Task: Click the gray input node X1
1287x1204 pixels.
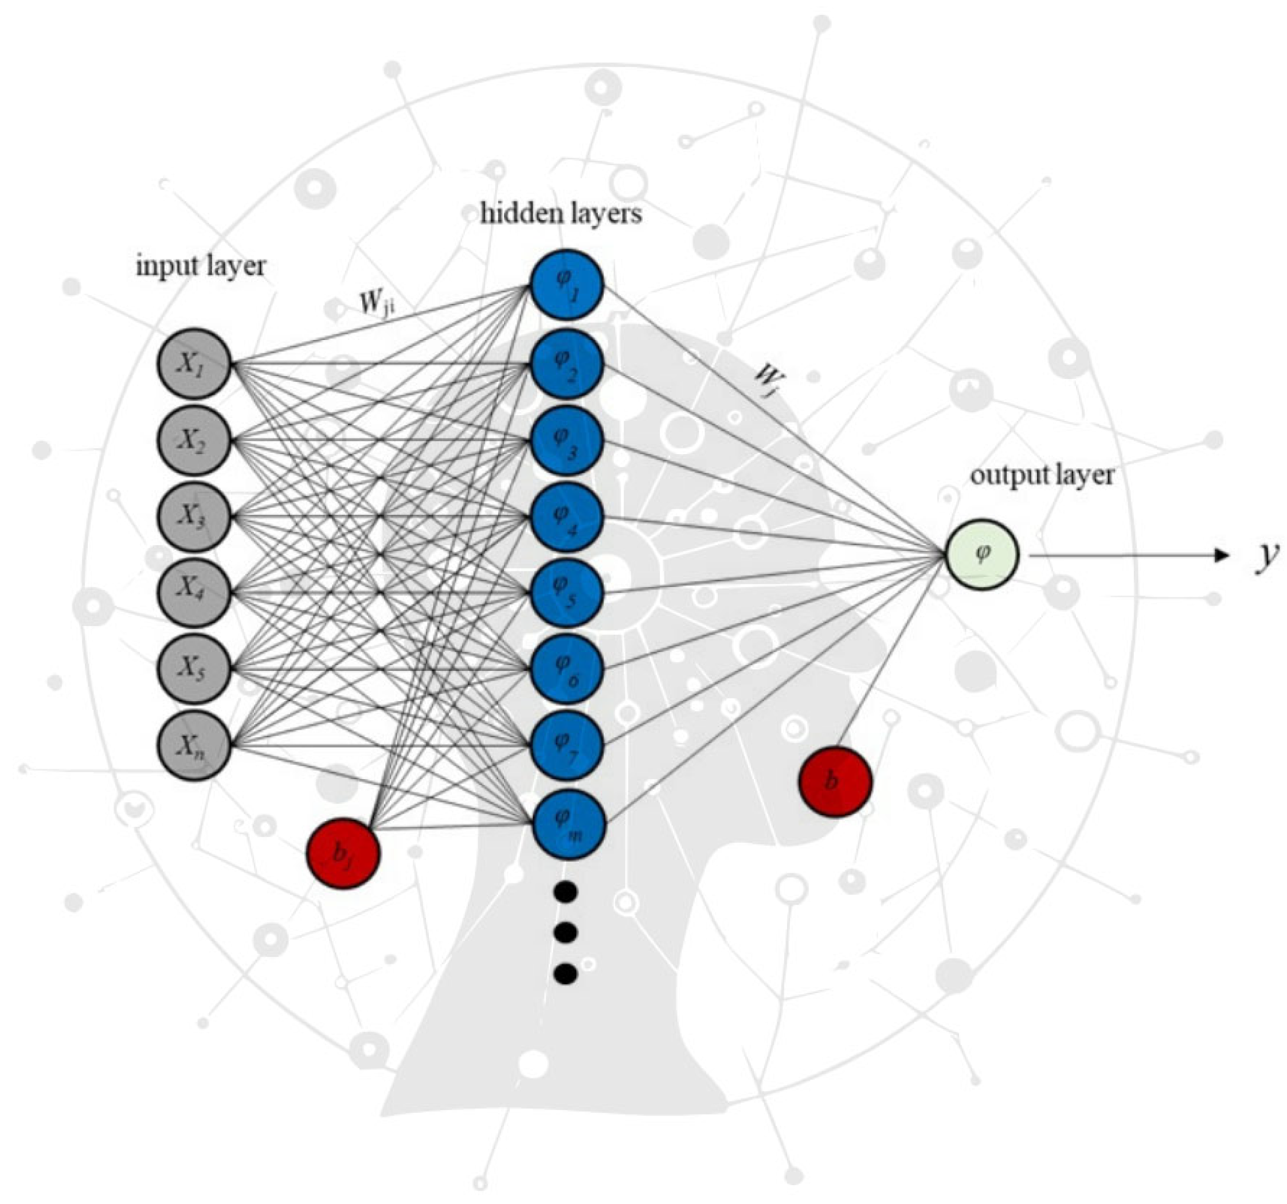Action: [194, 364]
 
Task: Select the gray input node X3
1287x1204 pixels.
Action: [194, 515]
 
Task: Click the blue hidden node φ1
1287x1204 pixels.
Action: [567, 285]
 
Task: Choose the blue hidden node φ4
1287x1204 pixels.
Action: [567, 517]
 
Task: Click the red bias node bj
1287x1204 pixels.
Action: [343, 853]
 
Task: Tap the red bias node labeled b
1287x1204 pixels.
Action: [835, 781]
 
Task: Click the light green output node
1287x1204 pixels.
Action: [982, 554]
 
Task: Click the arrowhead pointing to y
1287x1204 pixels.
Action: [1221, 555]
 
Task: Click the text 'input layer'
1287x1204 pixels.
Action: [201, 266]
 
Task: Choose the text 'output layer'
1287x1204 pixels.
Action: [1042, 476]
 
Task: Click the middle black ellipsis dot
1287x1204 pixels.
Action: [566, 933]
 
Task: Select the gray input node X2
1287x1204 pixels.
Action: [194, 440]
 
